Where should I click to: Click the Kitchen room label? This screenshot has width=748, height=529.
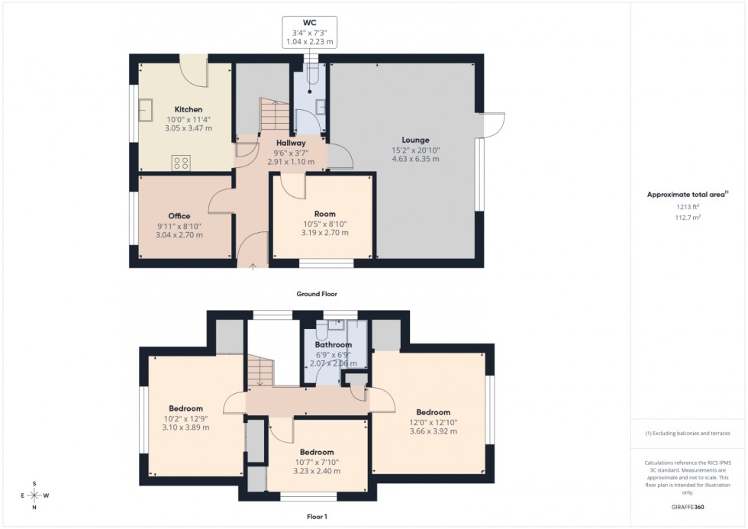(x=188, y=110)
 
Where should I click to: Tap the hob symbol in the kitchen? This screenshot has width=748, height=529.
(x=181, y=162)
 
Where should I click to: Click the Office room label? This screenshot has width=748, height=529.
(x=179, y=216)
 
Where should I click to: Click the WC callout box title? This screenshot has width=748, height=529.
(x=310, y=22)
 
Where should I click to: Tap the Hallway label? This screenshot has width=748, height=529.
(x=292, y=143)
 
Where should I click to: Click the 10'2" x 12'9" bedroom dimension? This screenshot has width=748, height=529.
(x=185, y=418)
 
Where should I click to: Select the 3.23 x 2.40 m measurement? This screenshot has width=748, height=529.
(x=316, y=471)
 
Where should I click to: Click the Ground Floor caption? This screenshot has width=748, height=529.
(x=317, y=294)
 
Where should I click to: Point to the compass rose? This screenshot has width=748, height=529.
(x=34, y=495)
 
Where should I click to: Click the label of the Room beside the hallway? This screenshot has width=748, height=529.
(x=325, y=215)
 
